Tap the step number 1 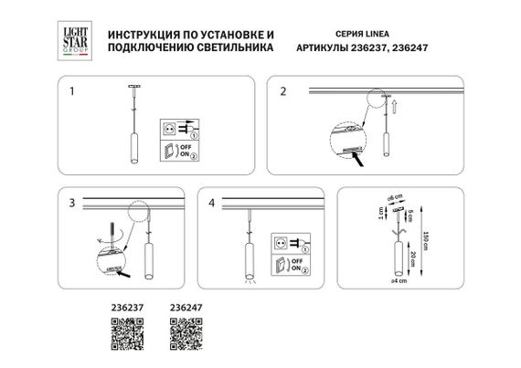(74, 92)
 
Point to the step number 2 (283, 92)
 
